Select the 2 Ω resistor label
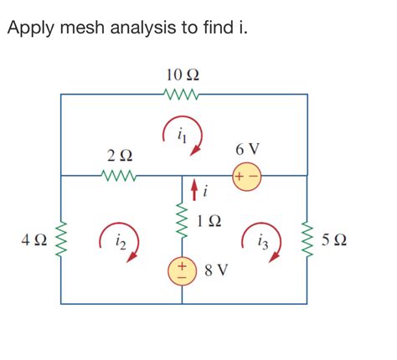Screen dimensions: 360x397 119,156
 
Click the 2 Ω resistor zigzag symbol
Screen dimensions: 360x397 119,176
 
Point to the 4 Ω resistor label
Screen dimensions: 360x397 34,240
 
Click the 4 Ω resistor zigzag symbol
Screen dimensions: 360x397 62,239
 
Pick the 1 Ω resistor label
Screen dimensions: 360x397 209,222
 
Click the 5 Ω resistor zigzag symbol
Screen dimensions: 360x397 306,239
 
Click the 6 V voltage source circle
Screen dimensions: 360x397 247,177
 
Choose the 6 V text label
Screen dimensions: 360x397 248,149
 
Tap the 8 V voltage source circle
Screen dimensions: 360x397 183,270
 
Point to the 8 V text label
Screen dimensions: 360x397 216,271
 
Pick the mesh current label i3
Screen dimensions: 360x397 263,243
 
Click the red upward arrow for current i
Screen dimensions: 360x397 194,192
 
